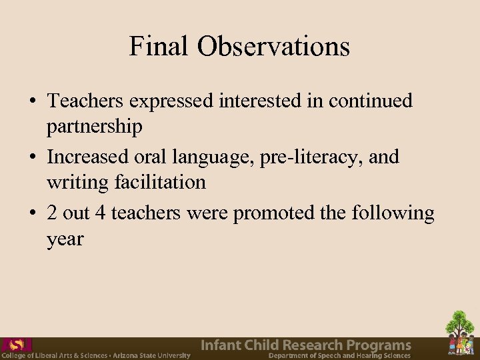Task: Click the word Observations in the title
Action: tap(273, 46)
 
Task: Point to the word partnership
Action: tap(95, 126)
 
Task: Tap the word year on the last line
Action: tap(65, 239)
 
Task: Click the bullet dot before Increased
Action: tap(31, 158)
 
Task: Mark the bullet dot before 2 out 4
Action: tap(31, 214)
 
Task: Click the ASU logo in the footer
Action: tap(17, 345)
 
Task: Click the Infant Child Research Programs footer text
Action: tap(306, 345)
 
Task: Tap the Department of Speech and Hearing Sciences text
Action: tap(339, 356)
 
